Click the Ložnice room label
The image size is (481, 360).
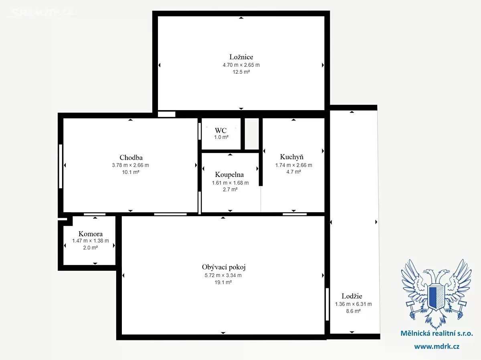click(x=241, y=57)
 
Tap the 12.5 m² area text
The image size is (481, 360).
click(x=241, y=72)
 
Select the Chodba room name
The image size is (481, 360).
click(x=131, y=157)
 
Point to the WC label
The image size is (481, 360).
click(x=221, y=131)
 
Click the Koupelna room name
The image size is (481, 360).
click(x=229, y=175)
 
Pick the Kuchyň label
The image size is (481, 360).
click(x=292, y=157)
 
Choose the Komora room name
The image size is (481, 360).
click(x=91, y=234)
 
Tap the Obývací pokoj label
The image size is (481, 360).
click(x=224, y=267)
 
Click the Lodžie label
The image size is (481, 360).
click(x=352, y=296)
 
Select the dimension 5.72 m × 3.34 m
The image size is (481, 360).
click(x=223, y=276)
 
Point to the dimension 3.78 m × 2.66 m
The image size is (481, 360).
click(x=130, y=165)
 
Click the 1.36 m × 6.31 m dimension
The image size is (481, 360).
click(x=354, y=304)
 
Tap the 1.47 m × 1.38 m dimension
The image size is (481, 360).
click(x=91, y=241)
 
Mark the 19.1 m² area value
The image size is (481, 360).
click(x=223, y=282)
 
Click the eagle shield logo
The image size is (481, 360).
click(x=436, y=294)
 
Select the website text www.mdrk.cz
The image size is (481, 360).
click(x=437, y=346)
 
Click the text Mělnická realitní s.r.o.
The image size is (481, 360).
click(x=437, y=334)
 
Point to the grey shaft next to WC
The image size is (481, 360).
click(x=252, y=134)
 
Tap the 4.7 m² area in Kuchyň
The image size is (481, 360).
click(x=294, y=172)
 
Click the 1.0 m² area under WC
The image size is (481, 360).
click(x=221, y=137)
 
